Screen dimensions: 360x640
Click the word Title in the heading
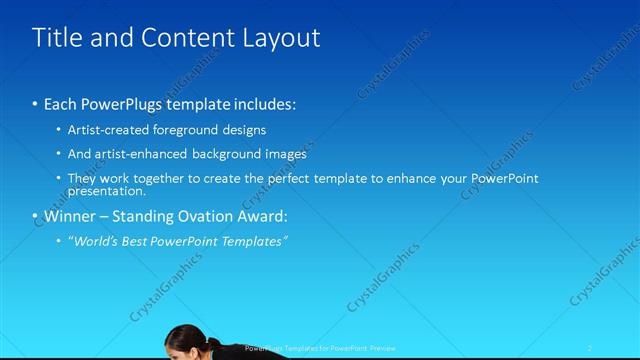point(55,38)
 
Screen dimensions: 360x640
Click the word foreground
point(189,130)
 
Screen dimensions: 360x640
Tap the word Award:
point(260,216)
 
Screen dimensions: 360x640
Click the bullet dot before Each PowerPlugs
point(35,105)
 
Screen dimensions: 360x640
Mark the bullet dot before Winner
point(35,217)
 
